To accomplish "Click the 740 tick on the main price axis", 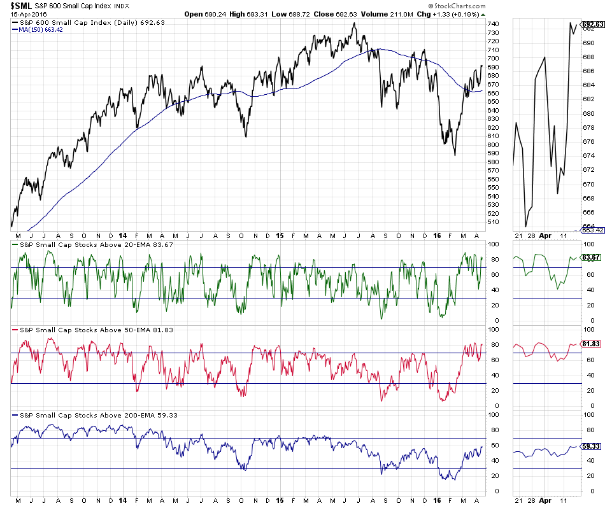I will click(x=493, y=24).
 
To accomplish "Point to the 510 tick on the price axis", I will click(x=493, y=222).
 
